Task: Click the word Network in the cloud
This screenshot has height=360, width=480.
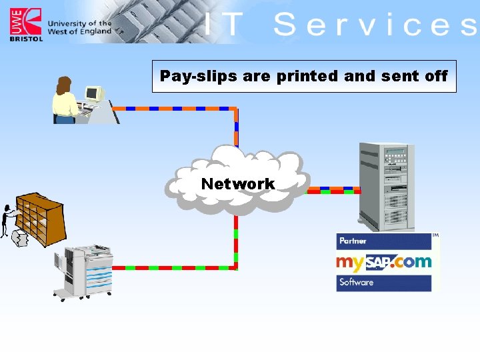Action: (x=238, y=184)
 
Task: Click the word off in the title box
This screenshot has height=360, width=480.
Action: (x=435, y=76)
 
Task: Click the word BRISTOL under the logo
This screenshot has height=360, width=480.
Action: (x=26, y=39)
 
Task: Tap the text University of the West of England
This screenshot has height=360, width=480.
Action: (x=79, y=27)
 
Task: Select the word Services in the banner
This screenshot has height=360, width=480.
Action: (x=374, y=25)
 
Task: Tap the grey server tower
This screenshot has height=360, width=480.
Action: (x=385, y=185)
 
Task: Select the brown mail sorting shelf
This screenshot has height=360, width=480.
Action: (x=41, y=219)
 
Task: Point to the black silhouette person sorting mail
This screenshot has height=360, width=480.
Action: (x=9, y=219)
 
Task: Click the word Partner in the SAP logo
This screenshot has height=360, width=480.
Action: (x=353, y=241)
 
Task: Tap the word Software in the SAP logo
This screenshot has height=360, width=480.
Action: (x=356, y=282)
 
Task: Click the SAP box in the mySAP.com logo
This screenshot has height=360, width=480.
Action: (x=377, y=261)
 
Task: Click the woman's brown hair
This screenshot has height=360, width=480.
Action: (x=64, y=86)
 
